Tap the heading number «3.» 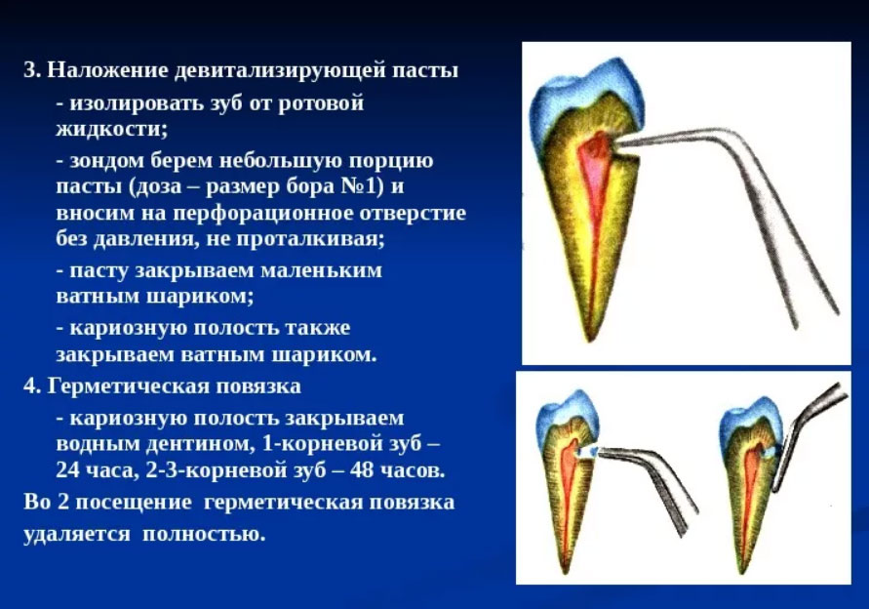pyautogui.click(x=32, y=70)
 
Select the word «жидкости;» pyautogui.click(x=112, y=129)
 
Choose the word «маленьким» pyautogui.click(x=322, y=270)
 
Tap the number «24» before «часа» pyautogui.click(x=68, y=470)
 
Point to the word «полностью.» pyautogui.click(x=204, y=534)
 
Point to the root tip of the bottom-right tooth pyautogui.click(x=740, y=571)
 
